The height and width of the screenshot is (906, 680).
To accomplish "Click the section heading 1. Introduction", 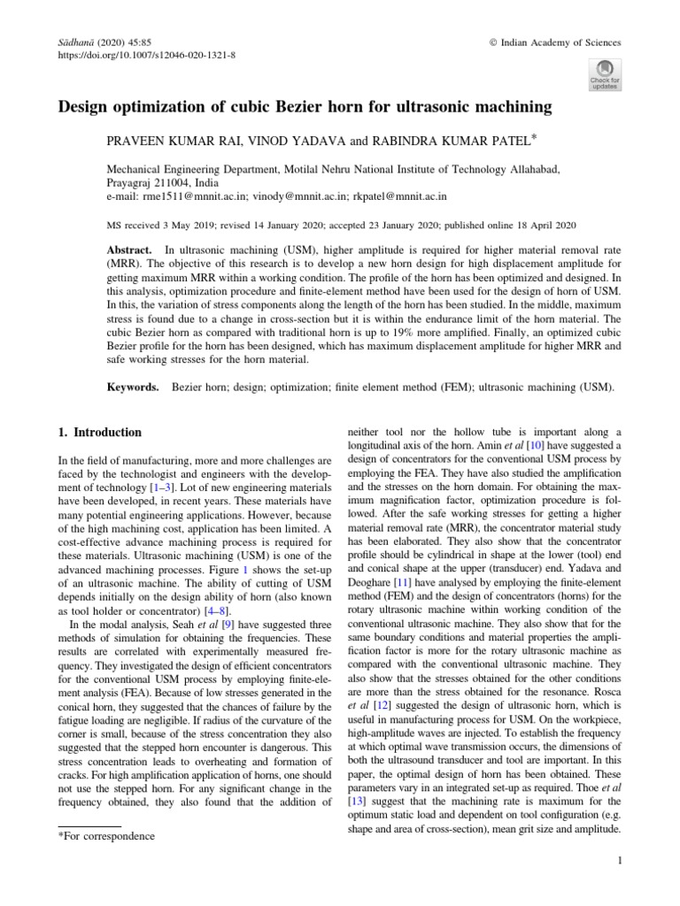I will (x=98, y=433).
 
